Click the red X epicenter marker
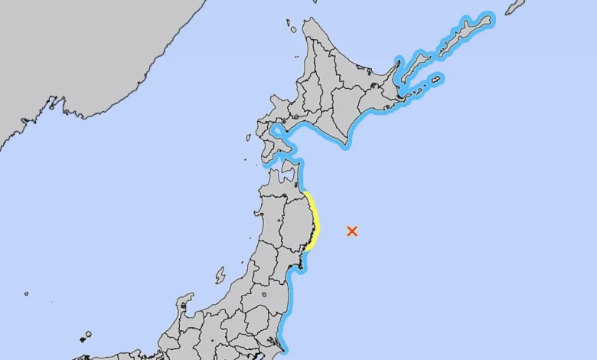[x=352, y=231]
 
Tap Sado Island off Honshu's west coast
[x=220, y=275]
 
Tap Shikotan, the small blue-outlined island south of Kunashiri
[x=436, y=78]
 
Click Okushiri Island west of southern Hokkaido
[x=249, y=139]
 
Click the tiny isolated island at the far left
[x=26, y=293]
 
